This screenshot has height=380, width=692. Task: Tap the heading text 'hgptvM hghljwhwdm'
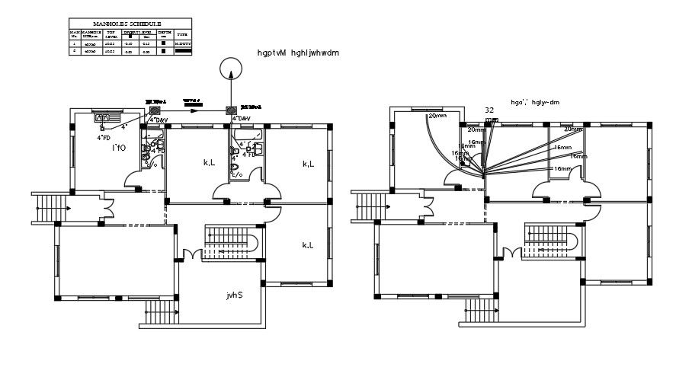click(x=298, y=53)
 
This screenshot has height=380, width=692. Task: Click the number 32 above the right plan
click(x=490, y=110)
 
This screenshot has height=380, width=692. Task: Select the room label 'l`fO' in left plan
click(x=120, y=146)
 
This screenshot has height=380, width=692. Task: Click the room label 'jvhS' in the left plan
click(x=234, y=295)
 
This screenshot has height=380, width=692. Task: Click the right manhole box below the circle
click(x=230, y=110)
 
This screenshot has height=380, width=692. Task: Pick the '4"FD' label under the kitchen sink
click(x=104, y=138)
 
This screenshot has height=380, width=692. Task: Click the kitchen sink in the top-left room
click(x=102, y=118)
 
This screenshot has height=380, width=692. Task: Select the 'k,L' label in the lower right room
click(x=308, y=245)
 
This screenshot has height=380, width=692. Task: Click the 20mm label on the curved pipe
click(x=437, y=116)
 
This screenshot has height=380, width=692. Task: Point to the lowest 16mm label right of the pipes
click(x=562, y=168)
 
